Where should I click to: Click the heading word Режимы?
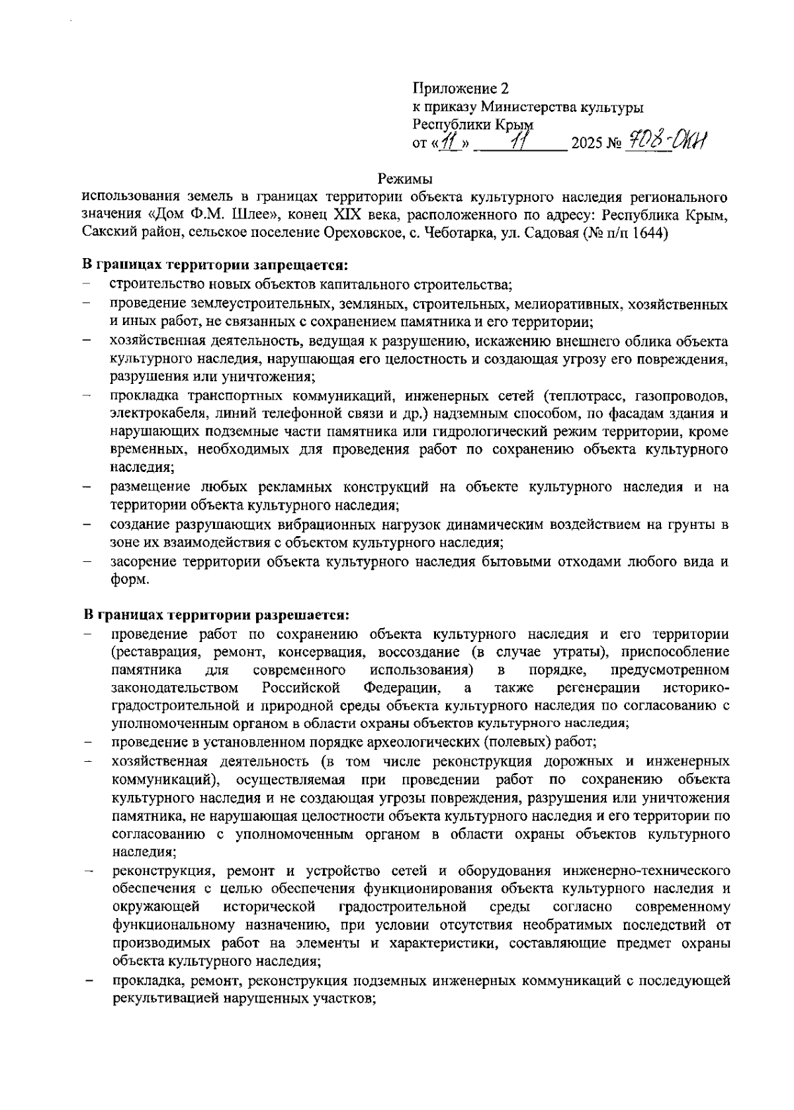point(405,179)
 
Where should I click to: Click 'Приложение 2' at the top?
point(461,88)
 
